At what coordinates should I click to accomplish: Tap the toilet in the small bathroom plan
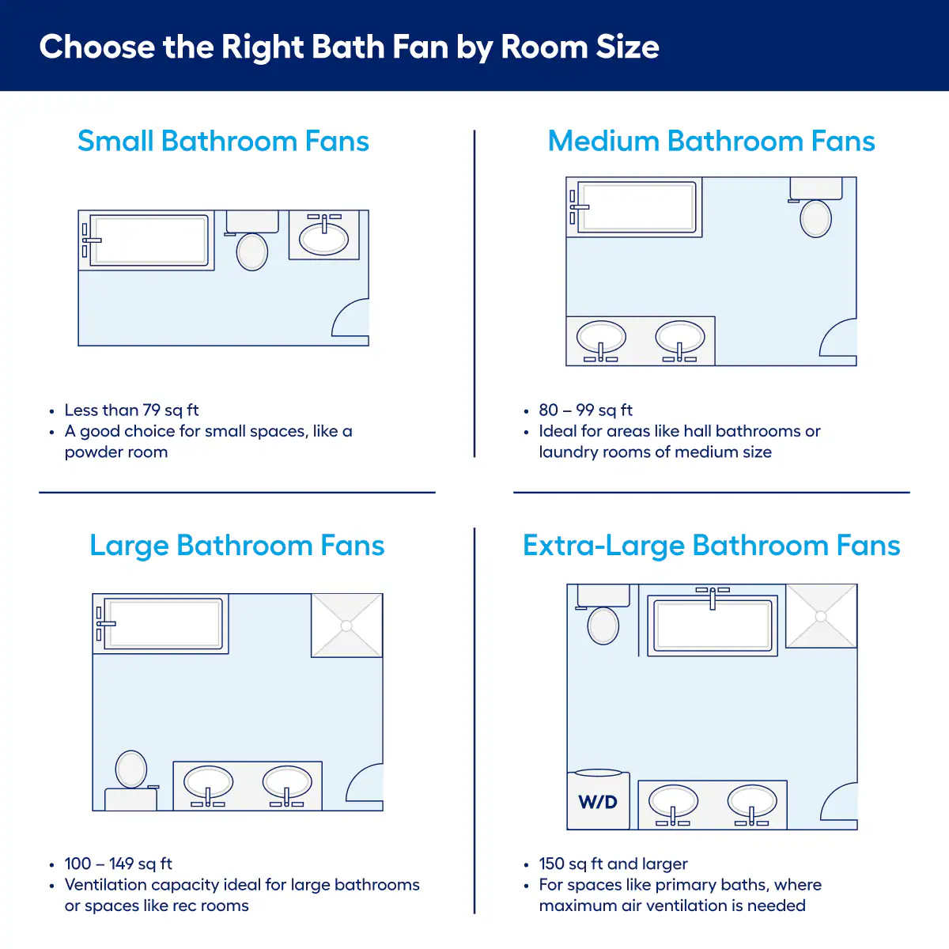(251, 240)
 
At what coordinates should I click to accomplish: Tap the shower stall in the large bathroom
(346, 626)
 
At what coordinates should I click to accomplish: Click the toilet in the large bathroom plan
(131, 780)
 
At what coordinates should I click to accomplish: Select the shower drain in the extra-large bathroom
(821, 616)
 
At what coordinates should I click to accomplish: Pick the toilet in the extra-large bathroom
(603, 614)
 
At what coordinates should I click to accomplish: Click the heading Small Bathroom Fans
(224, 141)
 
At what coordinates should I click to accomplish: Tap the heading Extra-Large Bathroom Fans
(712, 545)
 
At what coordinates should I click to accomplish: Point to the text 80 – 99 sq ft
(585, 410)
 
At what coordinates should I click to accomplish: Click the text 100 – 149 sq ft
(118, 864)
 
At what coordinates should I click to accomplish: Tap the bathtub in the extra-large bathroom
(713, 622)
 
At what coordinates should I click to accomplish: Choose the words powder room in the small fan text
(116, 452)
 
